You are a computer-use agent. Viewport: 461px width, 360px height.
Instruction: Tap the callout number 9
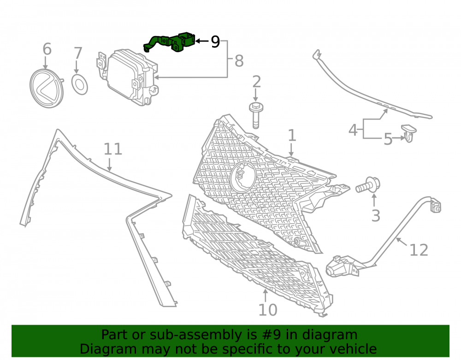pos(215,42)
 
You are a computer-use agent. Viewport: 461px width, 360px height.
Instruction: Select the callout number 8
pos(239,61)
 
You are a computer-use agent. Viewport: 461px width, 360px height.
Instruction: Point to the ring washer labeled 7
pos(80,85)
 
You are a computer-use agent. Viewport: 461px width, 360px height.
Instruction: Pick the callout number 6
pos(47,49)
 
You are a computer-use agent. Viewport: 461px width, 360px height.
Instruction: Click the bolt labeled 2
pos(256,116)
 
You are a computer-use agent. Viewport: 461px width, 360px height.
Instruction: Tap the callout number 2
pos(256,82)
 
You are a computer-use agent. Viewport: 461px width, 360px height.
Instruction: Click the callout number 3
pos(376,216)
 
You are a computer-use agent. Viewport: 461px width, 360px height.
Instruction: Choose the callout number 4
pos(353,130)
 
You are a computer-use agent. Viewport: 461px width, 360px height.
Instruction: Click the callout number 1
pos(292,136)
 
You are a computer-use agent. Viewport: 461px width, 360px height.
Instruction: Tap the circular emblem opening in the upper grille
pos(243,177)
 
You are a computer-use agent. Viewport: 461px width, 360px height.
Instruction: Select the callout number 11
pos(113,149)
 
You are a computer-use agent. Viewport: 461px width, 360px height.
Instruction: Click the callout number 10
pos(267,310)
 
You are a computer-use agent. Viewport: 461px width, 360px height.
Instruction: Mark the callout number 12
pos(419,250)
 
